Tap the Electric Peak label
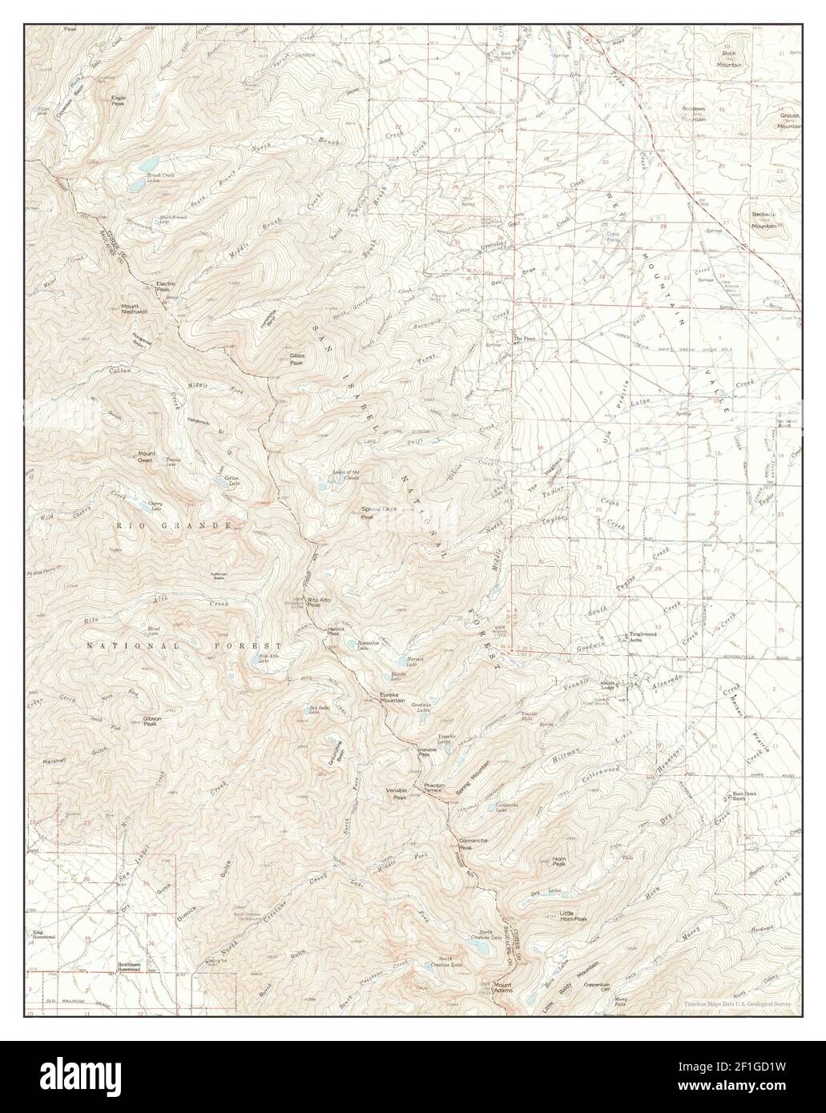coord(166,286)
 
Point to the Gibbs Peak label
coord(296,360)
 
